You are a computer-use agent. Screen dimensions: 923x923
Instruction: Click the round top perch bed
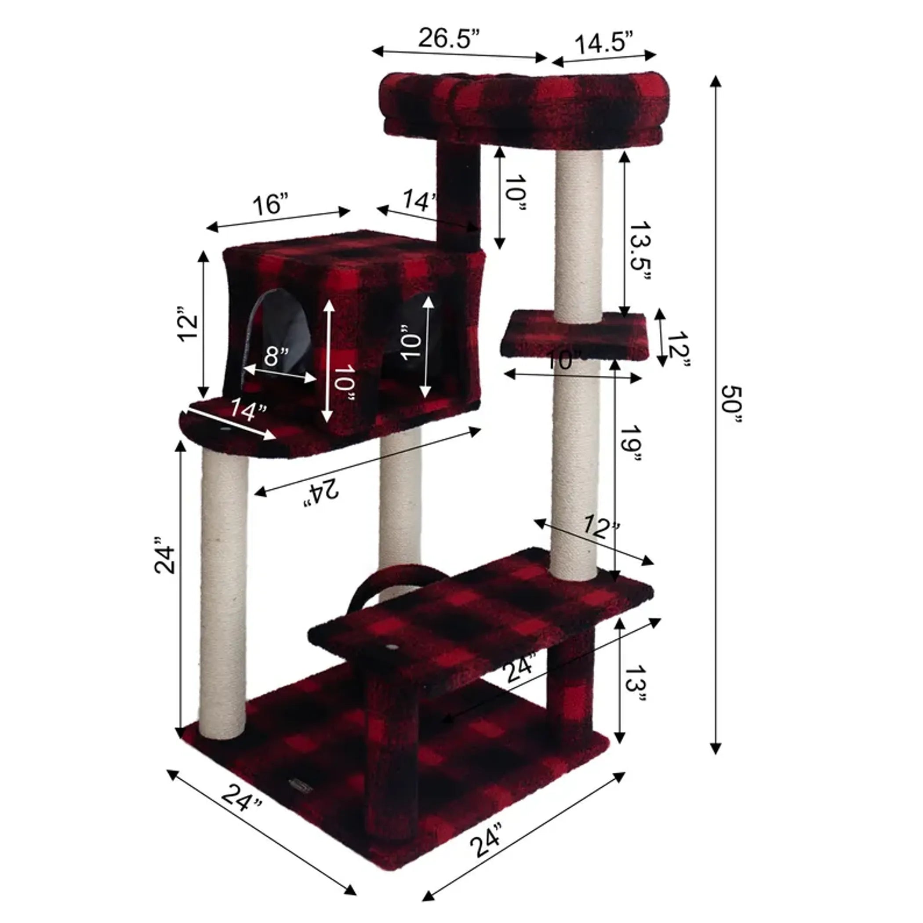(x=523, y=105)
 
